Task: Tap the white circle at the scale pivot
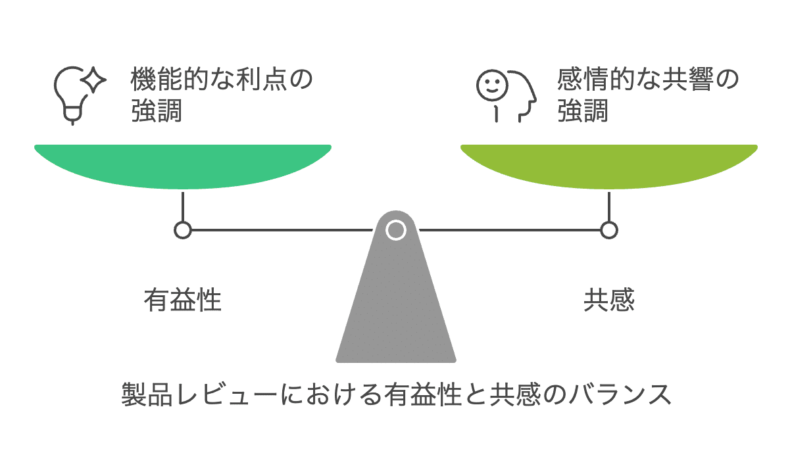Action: click(x=395, y=230)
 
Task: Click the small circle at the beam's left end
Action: click(x=183, y=230)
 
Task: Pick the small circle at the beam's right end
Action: click(x=609, y=230)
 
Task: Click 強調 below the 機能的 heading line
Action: click(x=156, y=111)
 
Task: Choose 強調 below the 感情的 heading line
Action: click(x=582, y=111)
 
